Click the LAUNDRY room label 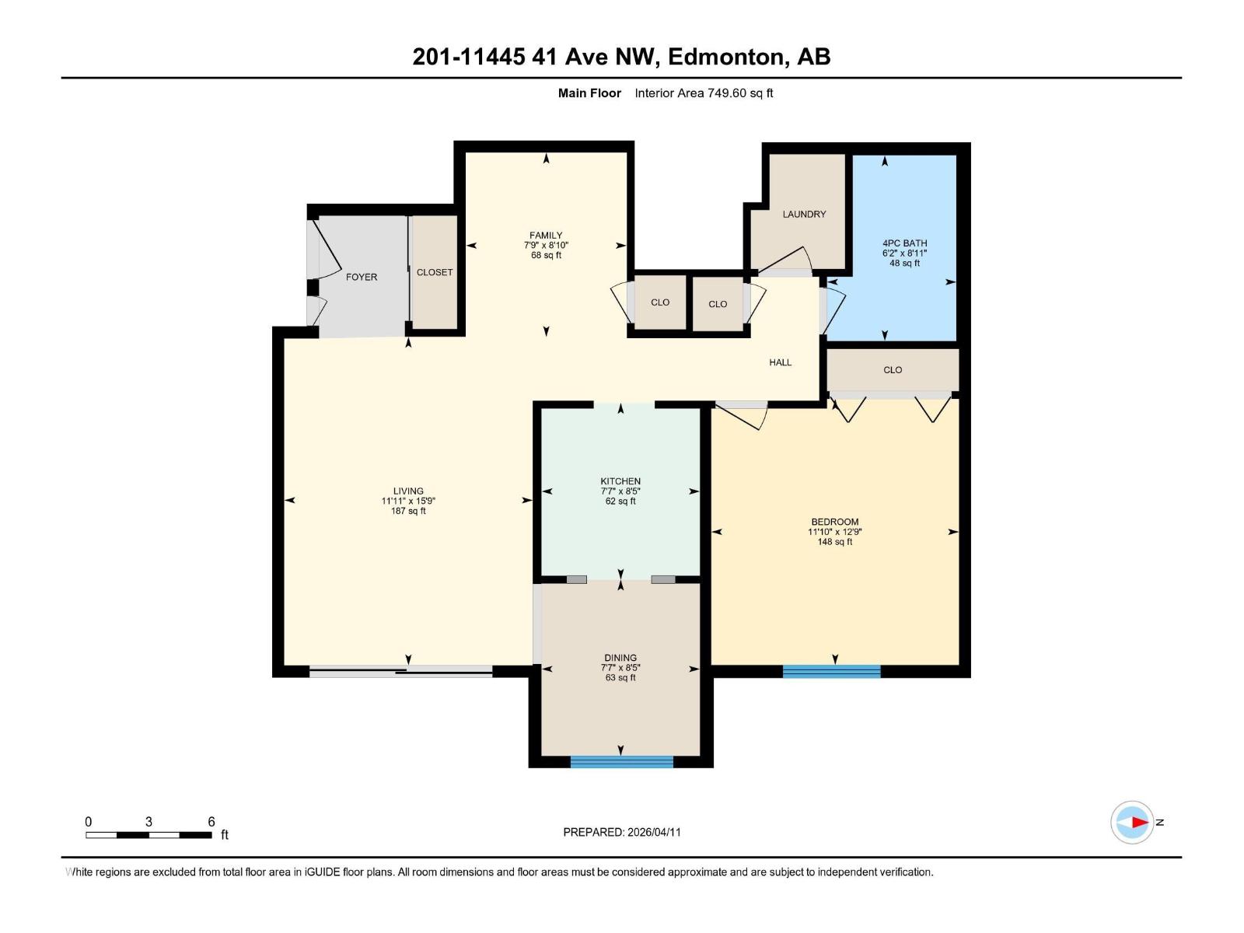[804, 214]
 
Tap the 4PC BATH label [904, 243]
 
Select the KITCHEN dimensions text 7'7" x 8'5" [620, 491]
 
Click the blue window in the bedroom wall [831, 671]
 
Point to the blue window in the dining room [621, 761]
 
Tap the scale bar [149, 835]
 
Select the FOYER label [362, 277]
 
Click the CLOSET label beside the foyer [435, 272]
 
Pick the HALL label [780, 362]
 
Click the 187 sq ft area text [408, 511]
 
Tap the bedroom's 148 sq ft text [834, 542]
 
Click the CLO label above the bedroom [893, 370]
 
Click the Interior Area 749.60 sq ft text [704, 93]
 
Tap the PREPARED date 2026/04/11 [654, 832]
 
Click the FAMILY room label [546, 235]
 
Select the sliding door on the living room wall [400, 671]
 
